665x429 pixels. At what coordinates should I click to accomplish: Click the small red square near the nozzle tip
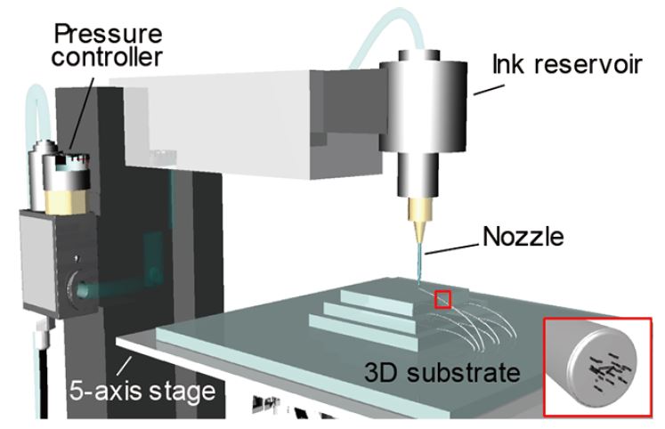pos(442,299)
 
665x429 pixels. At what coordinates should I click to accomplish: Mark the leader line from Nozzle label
pos(455,247)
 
